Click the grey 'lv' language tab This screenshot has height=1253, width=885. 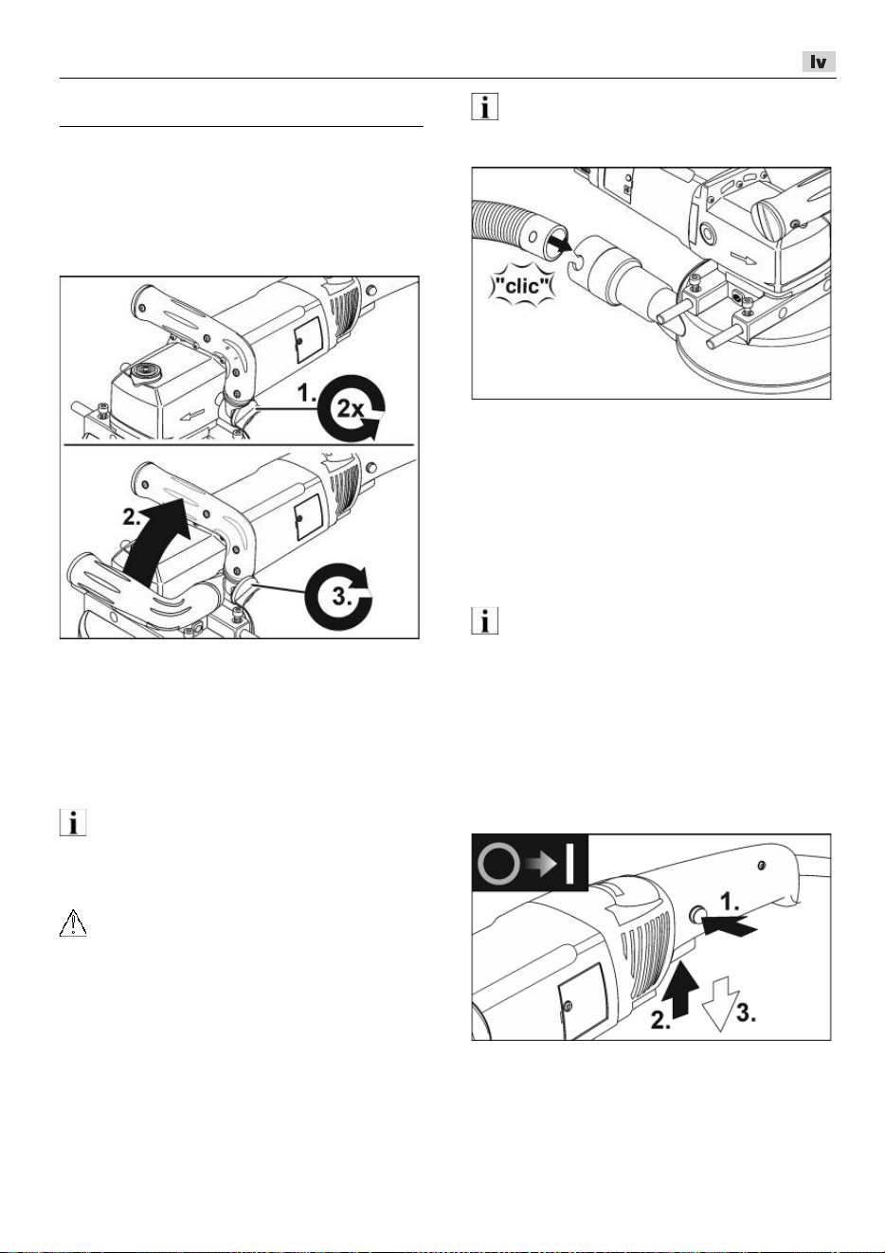(x=819, y=62)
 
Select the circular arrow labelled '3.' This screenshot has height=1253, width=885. (x=338, y=597)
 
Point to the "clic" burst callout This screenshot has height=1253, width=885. (x=522, y=286)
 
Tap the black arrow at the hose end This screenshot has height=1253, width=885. (x=560, y=242)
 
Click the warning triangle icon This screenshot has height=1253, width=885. (x=73, y=923)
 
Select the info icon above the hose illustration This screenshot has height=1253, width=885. (x=485, y=106)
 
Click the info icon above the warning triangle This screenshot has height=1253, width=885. (x=73, y=822)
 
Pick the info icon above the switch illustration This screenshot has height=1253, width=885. (x=485, y=621)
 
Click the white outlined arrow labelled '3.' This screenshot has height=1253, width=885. (x=721, y=1004)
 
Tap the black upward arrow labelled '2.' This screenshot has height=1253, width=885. (x=680, y=989)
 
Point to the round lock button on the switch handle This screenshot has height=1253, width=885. (x=697, y=914)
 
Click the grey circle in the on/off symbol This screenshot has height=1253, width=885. (x=498, y=864)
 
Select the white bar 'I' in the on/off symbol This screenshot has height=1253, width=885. (x=569, y=864)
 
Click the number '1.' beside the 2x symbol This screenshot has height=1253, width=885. (x=306, y=393)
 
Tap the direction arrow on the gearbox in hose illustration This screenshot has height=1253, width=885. (x=744, y=259)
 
